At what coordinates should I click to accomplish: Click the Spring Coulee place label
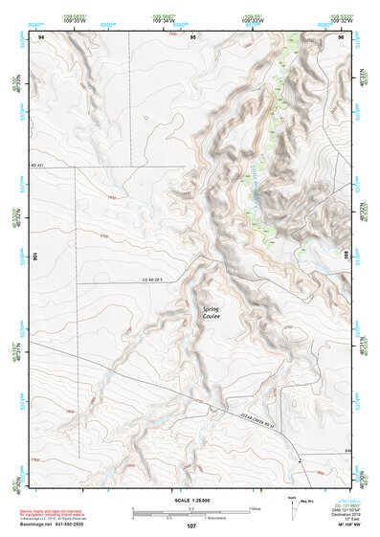(x=212, y=312)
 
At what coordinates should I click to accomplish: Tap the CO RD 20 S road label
(x=154, y=280)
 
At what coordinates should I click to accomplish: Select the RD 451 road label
(x=38, y=166)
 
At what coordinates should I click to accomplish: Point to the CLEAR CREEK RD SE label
(x=258, y=417)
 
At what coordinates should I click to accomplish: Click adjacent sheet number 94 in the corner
(x=41, y=36)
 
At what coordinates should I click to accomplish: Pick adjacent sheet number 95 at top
(x=193, y=36)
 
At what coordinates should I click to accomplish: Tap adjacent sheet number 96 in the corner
(x=341, y=36)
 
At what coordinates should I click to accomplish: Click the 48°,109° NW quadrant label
(x=343, y=526)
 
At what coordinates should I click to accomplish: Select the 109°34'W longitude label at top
(x=163, y=19)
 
